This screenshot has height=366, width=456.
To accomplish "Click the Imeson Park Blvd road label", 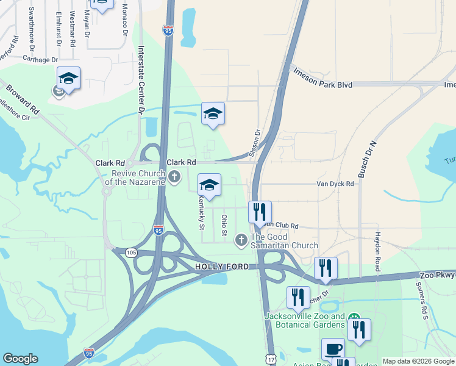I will tap(323, 85).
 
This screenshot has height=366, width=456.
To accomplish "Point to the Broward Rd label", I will tap(23, 99).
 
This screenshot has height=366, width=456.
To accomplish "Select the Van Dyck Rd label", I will tap(335, 183).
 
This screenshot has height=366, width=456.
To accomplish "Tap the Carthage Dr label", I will tap(40, 60).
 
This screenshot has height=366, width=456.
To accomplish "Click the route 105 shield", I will tap(133, 253).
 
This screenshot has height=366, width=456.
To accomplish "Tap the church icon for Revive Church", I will tap(175, 177).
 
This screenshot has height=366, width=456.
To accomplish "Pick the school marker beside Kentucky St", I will tap(209, 185).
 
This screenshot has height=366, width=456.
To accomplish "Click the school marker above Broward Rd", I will tap(69, 79).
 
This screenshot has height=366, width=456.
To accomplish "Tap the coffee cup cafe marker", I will tap(333, 349).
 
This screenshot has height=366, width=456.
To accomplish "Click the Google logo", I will tap(21, 358).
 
